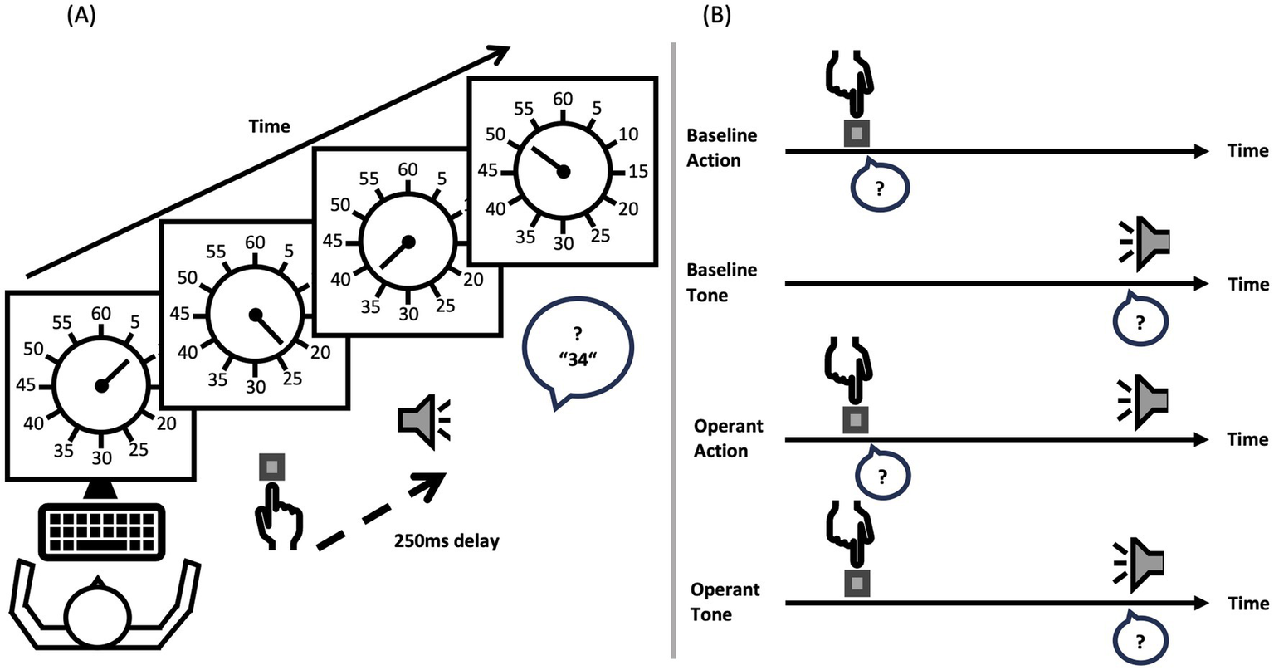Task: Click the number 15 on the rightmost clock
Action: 638,172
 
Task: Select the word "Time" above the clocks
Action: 270,126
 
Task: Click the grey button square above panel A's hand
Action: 271,467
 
